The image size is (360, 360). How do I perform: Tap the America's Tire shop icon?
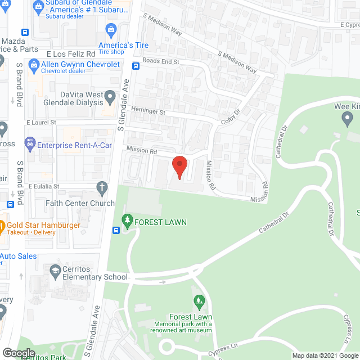pos(111,29)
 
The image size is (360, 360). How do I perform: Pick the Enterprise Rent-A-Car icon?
pos(29,145)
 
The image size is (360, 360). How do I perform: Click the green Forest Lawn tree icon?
pos(127,222)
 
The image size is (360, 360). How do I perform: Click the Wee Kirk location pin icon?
pos(347,119)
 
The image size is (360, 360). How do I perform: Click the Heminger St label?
pos(148,112)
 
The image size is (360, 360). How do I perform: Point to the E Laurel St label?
pos(41,122)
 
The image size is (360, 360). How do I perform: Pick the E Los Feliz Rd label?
pos(70,53)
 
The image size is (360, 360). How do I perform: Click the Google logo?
pos(19,353)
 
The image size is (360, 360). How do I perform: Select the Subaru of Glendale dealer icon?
pos(39,5)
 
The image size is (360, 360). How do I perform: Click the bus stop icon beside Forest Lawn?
pos(115,229)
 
